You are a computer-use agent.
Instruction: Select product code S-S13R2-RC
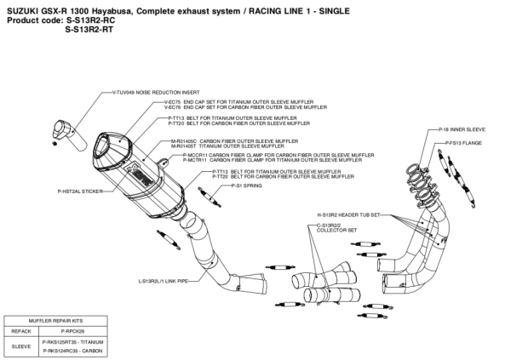(89, 17)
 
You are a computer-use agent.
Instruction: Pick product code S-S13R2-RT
(89, 26)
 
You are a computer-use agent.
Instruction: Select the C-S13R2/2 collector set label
(331, 227)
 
